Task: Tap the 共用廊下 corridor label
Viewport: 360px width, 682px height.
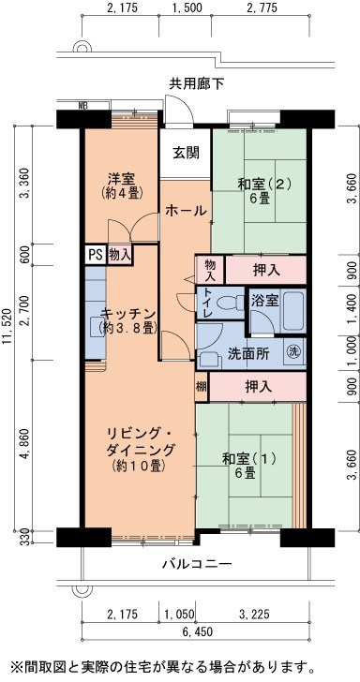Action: tap(197, 84)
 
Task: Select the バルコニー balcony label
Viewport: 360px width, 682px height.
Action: tap(196, 563)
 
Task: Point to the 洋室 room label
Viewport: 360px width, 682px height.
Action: tap(122, 179)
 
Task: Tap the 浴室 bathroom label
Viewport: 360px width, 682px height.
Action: tap(264, 301)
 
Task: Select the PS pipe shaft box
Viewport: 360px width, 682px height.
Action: tap(96, 254)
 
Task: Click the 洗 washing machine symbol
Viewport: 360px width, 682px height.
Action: tap(293, 352)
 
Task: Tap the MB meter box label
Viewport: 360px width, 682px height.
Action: tap(83, 105)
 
